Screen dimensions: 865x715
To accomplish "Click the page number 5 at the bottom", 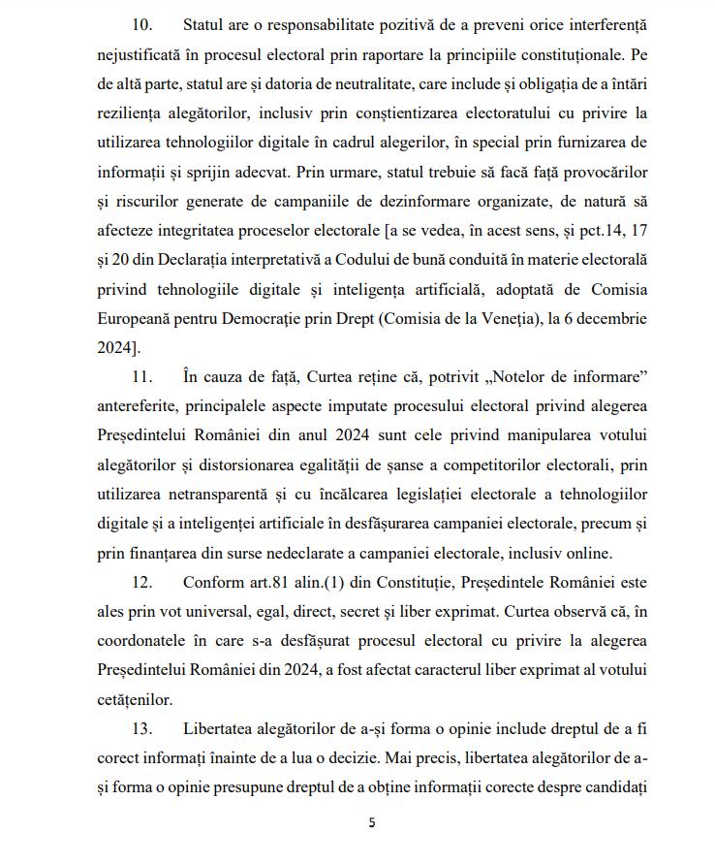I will click(371, 823).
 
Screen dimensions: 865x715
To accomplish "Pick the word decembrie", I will click(609, 318).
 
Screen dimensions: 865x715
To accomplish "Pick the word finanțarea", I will click(172, 554).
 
